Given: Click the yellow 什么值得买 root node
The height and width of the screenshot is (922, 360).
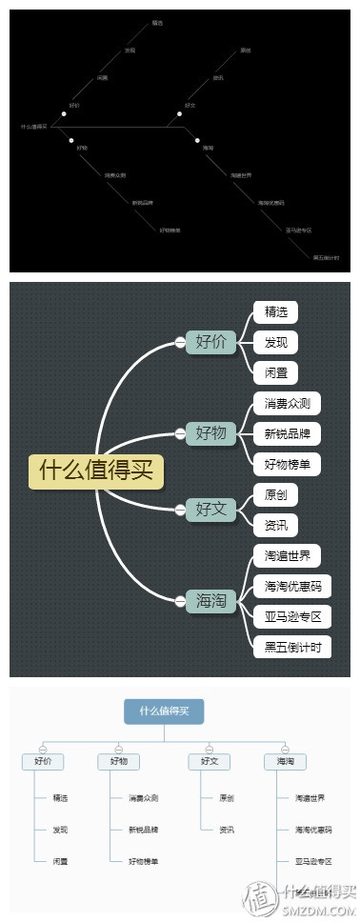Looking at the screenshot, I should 96,471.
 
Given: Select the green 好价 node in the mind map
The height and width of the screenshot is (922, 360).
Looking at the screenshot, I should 210,341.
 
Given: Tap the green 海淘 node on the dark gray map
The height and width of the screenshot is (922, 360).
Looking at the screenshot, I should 210,600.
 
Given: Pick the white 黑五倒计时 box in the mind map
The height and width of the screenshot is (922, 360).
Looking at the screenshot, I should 291,647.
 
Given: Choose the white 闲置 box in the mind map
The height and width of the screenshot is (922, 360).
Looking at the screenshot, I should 275,371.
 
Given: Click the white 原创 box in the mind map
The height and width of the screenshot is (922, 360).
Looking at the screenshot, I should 275,494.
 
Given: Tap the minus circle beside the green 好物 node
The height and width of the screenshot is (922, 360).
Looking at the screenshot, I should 180,433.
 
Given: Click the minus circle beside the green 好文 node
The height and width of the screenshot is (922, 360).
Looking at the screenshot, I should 180,510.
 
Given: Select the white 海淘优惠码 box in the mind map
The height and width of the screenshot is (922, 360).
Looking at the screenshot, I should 291,586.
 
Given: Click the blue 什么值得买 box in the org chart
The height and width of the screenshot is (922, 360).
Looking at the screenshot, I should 164,711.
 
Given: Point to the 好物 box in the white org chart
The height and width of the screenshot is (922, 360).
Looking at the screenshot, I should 119,761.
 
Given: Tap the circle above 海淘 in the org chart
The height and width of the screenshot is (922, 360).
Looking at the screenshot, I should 285,748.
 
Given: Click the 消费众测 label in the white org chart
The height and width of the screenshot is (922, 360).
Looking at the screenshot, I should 144,798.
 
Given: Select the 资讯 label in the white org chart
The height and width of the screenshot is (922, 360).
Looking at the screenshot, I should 227,830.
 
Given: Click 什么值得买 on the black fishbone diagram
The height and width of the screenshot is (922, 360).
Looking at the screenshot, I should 33,126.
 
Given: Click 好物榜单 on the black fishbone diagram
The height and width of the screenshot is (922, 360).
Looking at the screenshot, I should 170,230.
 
